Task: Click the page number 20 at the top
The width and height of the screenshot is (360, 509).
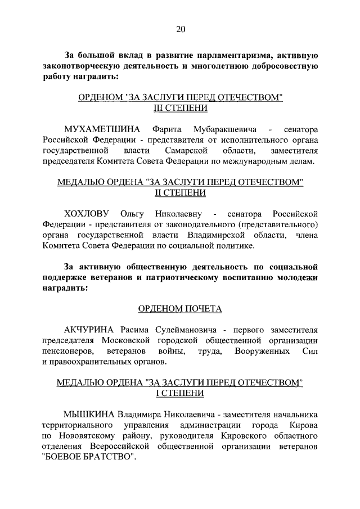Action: (x=180, y=29)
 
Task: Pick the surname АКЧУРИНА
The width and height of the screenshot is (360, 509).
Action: (x=90, y=329)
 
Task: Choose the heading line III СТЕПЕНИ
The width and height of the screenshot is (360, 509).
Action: (x=180, y=107)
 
